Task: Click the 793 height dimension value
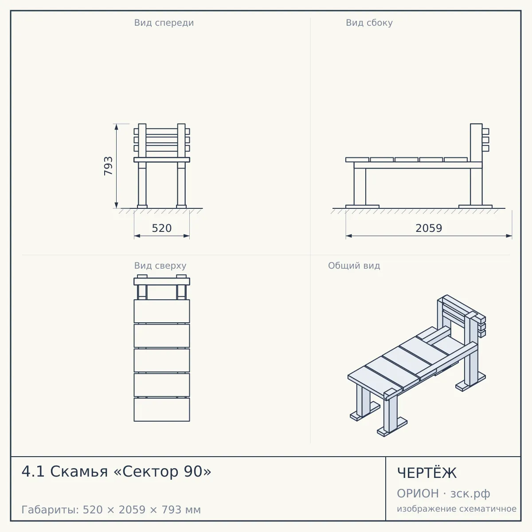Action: click(108, 166)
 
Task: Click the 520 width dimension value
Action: click(162, 228)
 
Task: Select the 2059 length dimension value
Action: click(429, 228)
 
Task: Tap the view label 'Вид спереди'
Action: click(164, 23)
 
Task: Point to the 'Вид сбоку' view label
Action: click(369, 23)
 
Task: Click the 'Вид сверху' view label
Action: click(160, 266)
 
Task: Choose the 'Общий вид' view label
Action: click(354, 266)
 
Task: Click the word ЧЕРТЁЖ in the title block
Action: click(427, 473)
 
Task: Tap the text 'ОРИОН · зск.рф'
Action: click(443, 493)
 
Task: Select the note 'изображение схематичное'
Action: click(457, 509)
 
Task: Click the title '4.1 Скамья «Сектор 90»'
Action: click(116, 472)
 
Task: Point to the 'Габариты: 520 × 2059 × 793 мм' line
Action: click(111, 510)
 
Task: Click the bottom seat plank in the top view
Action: click(162, 410)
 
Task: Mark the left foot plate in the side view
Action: click(362, 207)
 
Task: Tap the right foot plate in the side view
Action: click(475, 207)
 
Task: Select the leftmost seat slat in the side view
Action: click(357, 160)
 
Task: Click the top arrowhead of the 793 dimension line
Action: click(116, 127)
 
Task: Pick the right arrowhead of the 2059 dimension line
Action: click(509, 236)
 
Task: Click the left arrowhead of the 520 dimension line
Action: click(137, 236)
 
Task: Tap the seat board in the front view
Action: click(162, 160)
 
